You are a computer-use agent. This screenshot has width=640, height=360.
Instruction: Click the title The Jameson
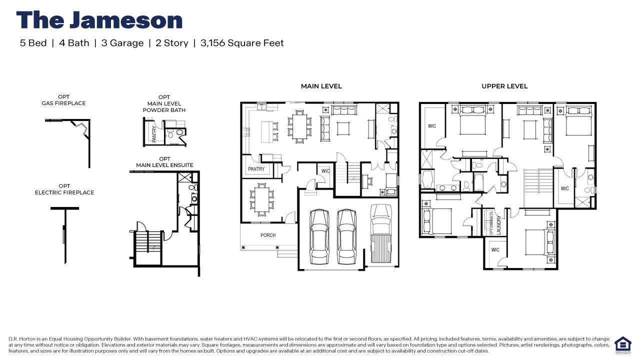pos(99,20)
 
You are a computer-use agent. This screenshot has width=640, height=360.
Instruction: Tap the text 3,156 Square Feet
pos(242,43)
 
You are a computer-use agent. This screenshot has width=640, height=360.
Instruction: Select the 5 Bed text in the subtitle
pos(33,43)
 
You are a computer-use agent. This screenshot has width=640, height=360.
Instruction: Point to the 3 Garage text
pos(122,43)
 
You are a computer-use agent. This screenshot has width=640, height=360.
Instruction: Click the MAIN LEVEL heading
pos(321,86)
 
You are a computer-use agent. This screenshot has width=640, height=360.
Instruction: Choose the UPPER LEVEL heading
pos(504,86)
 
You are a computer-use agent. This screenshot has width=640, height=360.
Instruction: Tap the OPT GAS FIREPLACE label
pos(63,100)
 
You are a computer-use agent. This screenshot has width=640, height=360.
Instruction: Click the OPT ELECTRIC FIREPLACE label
pos(64,189)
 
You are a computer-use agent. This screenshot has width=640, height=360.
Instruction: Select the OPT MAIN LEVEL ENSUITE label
pos(164,162)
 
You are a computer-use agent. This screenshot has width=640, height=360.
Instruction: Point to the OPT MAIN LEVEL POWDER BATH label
pos(164,103)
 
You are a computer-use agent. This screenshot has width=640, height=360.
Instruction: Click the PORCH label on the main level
pos(268,235)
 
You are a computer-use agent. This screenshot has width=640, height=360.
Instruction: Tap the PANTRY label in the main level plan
pos(256,169)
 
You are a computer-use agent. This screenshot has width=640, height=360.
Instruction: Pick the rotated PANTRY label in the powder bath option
pos(154,134)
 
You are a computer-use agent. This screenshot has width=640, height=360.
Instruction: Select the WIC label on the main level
pos(325,171)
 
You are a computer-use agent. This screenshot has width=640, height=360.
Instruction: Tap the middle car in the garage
pos(346,236)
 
